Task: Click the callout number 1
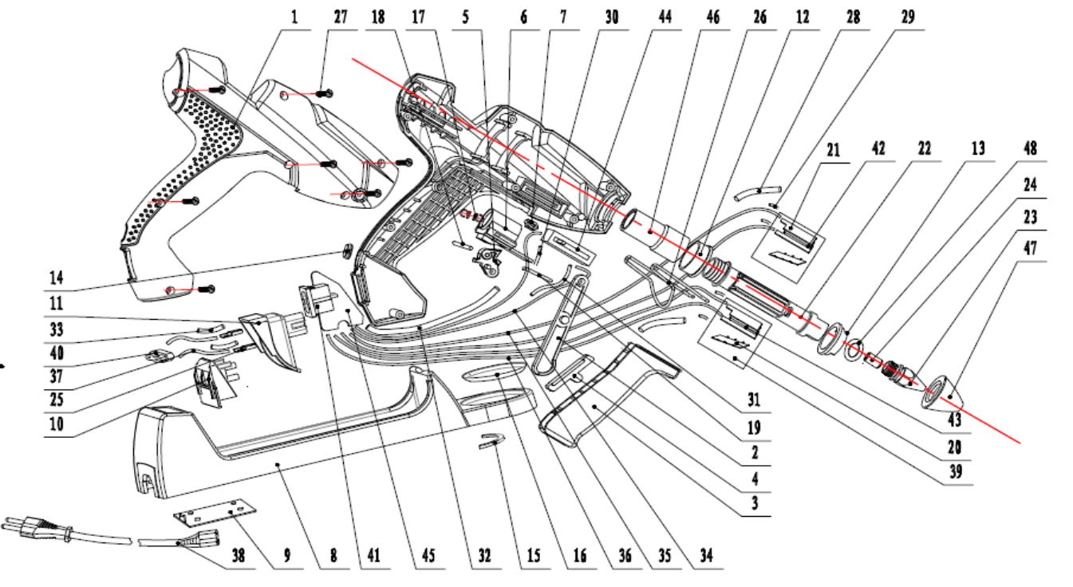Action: (x=295, y=18)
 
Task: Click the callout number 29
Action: (x=909, y=18)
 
